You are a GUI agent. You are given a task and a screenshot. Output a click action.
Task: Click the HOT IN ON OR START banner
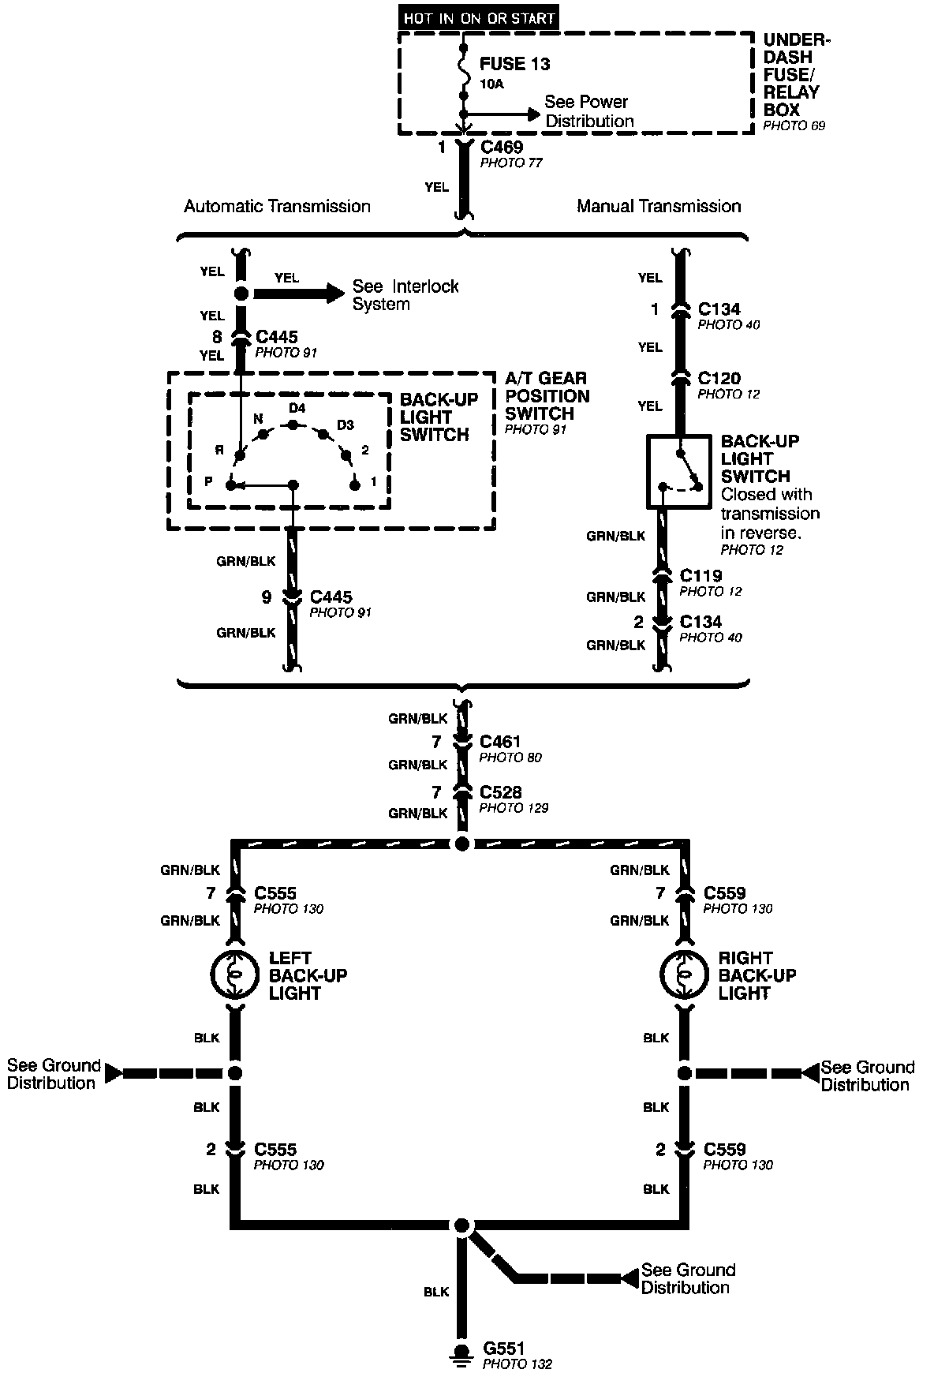tap(479, 17)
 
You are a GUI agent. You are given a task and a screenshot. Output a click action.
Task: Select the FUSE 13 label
tap(514, 64)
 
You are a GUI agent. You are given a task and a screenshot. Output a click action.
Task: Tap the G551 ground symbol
tap(458, 1356)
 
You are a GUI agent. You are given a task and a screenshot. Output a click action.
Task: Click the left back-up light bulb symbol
tap(234, 975)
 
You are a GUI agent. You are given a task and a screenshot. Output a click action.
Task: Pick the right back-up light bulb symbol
tap(683, 975)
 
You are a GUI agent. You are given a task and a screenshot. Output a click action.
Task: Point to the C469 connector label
tap(501, 148)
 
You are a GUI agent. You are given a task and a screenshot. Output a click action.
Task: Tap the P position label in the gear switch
tap(208, 481)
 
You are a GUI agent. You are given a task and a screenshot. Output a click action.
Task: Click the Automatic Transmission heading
tap(277, 207)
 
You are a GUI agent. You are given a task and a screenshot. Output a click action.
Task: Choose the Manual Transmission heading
tap(659, 207)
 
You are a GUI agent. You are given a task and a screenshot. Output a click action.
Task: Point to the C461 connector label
tap(500, 742)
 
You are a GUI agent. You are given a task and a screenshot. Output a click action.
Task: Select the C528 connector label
tap(500, 792)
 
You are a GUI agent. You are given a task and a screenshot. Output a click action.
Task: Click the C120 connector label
tap(719, 378)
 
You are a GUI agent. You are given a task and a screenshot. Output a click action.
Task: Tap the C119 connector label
tap(700, 576)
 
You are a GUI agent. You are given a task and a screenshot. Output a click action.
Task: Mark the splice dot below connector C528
tap(462, 844)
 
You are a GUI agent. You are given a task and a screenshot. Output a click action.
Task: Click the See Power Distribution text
tap(588, 111)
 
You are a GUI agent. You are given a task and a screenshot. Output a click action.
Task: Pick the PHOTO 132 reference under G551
tap(517, 1364)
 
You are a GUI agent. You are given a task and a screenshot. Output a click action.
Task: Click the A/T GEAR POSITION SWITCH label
tap(547, 396)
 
